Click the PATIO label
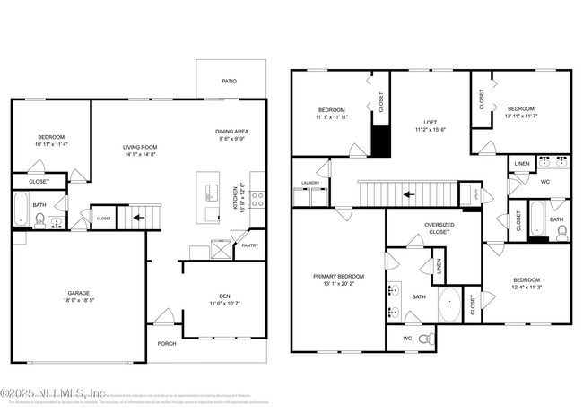click(x=230, y=81)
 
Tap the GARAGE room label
click(x=80, y=292)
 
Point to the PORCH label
click(x=167, y=343)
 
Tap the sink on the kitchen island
click(x=211, y=196)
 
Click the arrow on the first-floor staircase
click(x=139, y=216)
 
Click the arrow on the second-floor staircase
click(x=408, y=193)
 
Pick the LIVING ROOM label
click(x=140, y=146)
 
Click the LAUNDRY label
click(x=310, y=183)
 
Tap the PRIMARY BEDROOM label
click(x=338, y=277)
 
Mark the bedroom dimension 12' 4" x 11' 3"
click(x=526, y=288)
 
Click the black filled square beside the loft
click(x=381, y=141)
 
